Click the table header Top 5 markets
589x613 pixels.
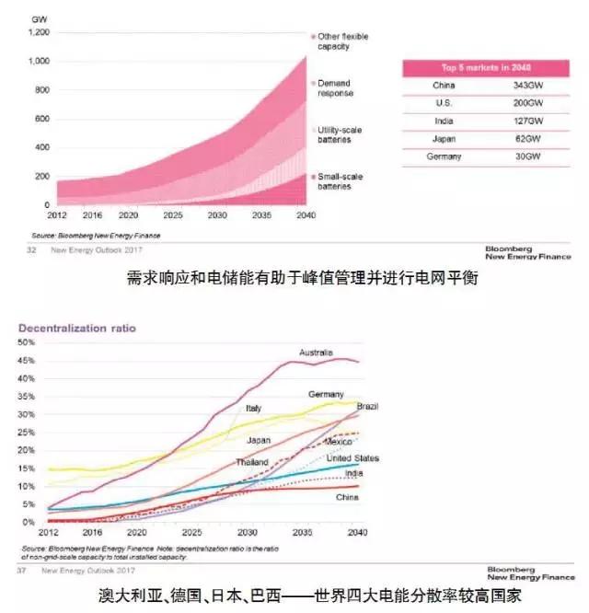pyautogui.click(x=486, y=68)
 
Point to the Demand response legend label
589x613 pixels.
pyautogui.click(x=336, y=87)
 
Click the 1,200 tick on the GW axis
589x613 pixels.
pyautogui.click(x=36, y=32)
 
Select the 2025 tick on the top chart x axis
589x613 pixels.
pyautogui.click(x=179, y=214)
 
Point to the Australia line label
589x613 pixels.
pyautogui.click(x=318, y=353)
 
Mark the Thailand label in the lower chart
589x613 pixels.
pyautogui.click(x=251, y=462)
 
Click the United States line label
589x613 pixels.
pyautogui.click(x=353, y=458)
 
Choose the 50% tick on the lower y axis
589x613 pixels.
pyautogui.click(x=27, y=342)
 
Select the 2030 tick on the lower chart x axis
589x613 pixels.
pyautogui.click(x=246, y=533)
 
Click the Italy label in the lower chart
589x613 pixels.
pyautogui.click(x=253, y=408)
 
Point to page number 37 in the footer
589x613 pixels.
pyautogui.click(x=21, y=571)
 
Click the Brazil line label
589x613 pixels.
pyautogui.click(x=368, y=406)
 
